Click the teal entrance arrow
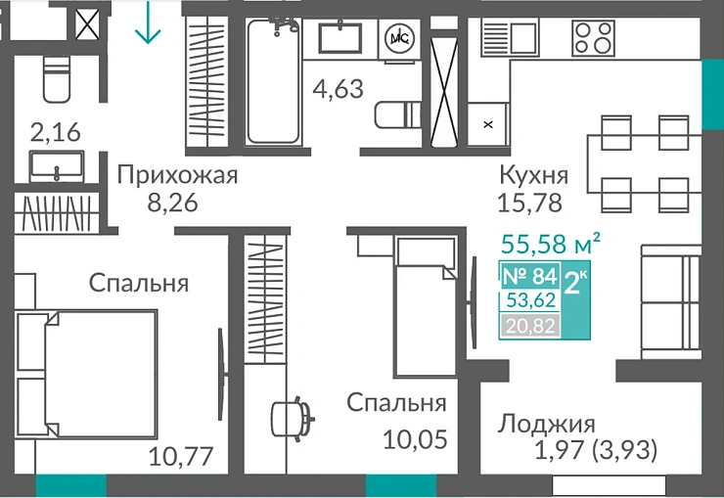coord(148,23)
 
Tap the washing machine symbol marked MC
coord(399,38)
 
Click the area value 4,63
coord(338,89)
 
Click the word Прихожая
coord(177,176)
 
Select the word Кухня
coord(533,176)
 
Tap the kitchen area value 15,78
coord(533,204)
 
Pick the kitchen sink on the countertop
coord(509,38)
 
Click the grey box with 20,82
coord(529,326)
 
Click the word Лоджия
coord(546,424)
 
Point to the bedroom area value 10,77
coord(181,455)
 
